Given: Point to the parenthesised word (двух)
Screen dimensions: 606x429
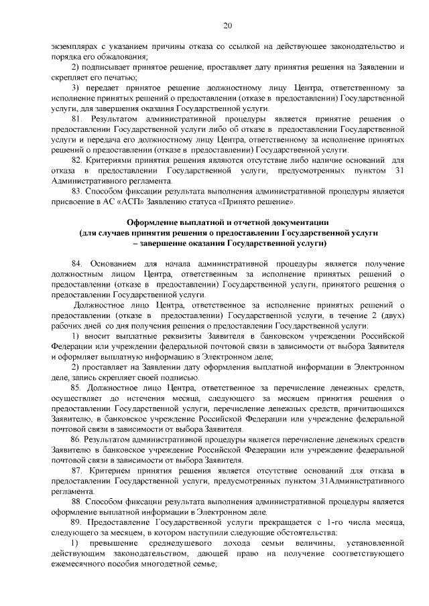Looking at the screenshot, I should coord(391,315).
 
